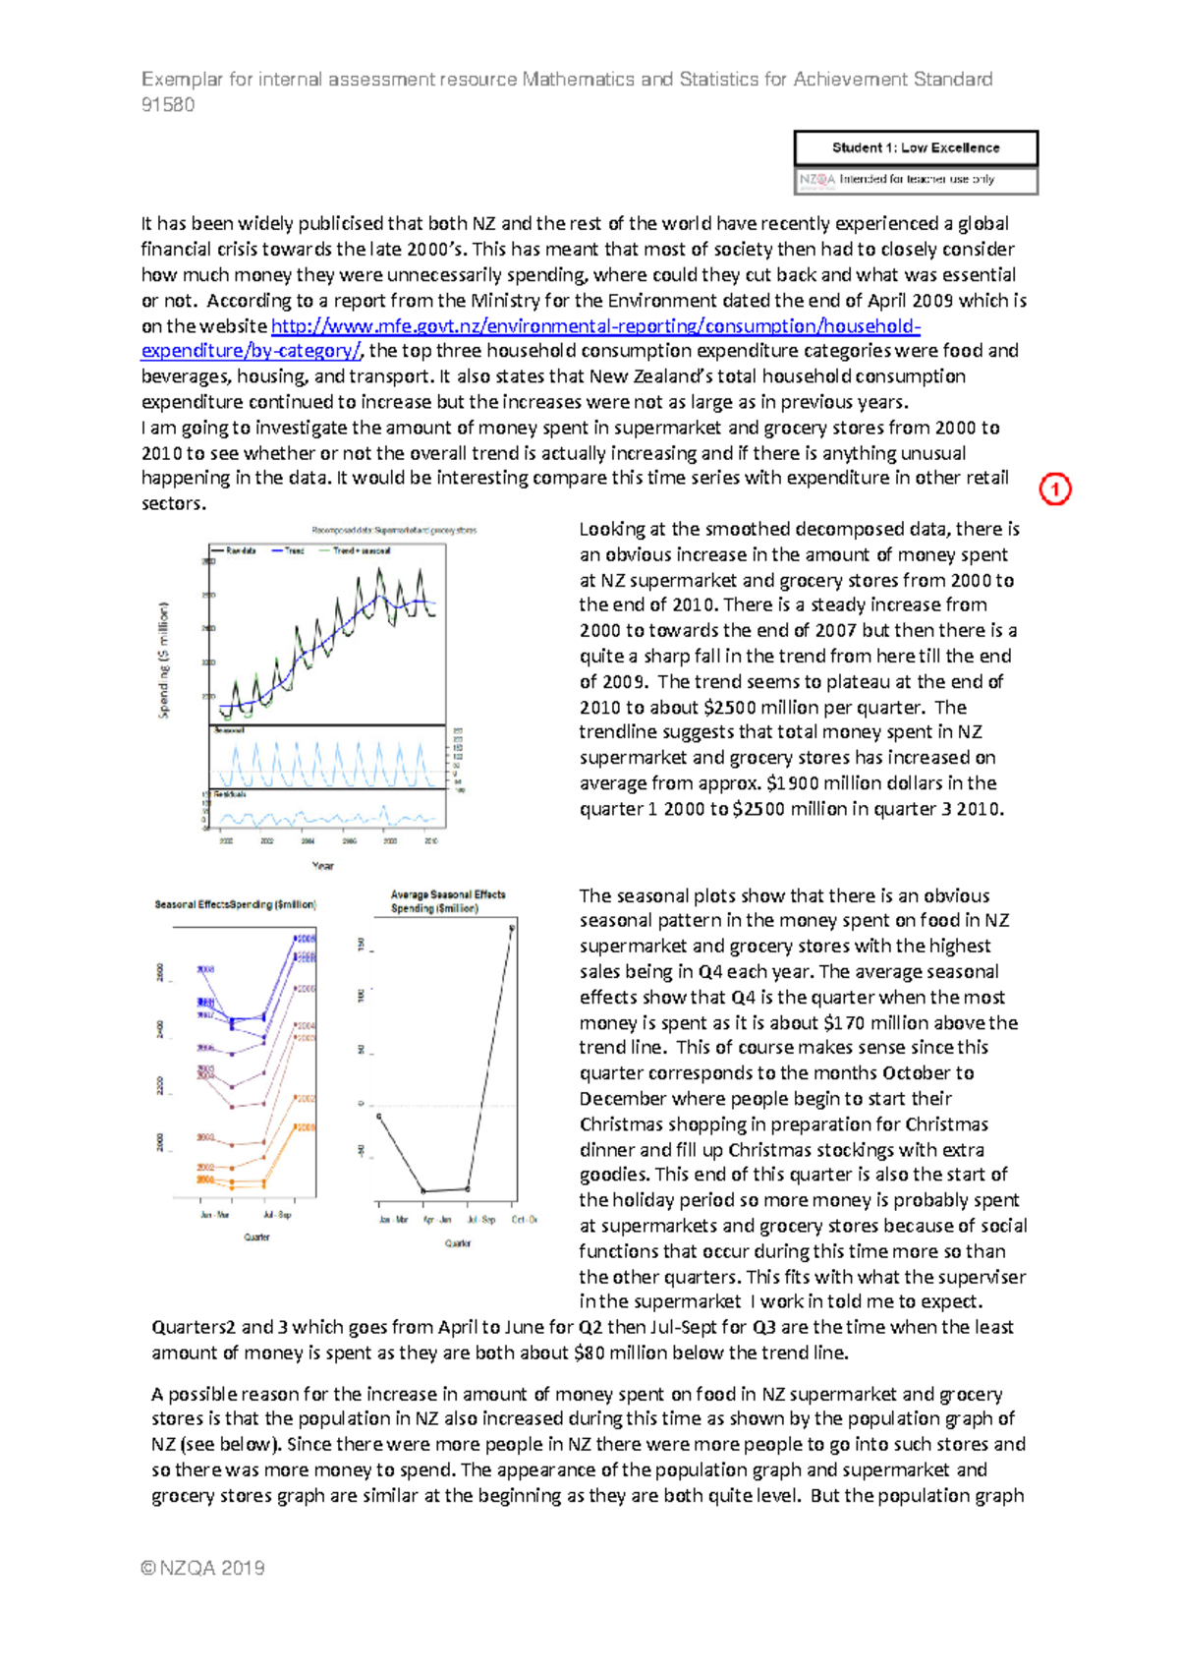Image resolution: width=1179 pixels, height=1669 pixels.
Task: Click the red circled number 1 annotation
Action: pyautogui.click(x=1054, y=489)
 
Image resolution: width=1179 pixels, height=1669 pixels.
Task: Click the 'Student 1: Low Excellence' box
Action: pyautogui.click(x=916, y=148)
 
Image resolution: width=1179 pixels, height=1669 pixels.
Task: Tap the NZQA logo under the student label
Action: pyautogui.click(x=816, y=180)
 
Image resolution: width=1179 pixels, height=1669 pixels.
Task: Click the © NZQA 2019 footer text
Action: pyautogui.click(x=203, y=1568)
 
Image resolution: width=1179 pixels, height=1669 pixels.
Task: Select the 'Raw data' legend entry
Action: pyautogui.click(x=240, y=550)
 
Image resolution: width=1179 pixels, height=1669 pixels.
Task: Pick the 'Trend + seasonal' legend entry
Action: pyautogui.click(x=361, y=550)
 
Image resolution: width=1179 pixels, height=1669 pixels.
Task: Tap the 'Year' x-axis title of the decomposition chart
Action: pyautogui.click(x=322, y=866)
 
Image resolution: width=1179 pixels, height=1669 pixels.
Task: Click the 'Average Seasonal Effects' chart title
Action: pyautogui.click(x=447, y=894)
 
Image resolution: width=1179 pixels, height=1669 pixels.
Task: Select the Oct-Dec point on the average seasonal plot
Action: pyautogui.click(x=512, y=926)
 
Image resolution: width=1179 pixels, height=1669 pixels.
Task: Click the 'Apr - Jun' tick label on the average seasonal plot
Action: pyautogui.click(x=437, y=1220)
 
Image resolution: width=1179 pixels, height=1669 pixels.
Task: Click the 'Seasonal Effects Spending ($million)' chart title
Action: pyautogui.click(x=235, y=904)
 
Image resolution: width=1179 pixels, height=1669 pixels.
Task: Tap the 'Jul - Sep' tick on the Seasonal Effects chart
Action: pyautogui.click(x=277, y=1215)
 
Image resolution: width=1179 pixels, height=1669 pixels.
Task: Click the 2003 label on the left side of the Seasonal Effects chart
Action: pyautogui.click(x=204, y=1137)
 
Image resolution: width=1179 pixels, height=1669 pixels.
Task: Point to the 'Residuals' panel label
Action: pyautogui.click(x=230, y=793)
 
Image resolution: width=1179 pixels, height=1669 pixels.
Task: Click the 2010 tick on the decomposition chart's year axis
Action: pyautogui.click(x=430, y=841)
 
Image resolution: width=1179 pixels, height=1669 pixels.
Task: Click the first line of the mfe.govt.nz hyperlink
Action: pyautogui.click(x=595, y=326)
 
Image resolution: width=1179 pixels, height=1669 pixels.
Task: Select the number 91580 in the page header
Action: pyautogui.click(x=168, y=105)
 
